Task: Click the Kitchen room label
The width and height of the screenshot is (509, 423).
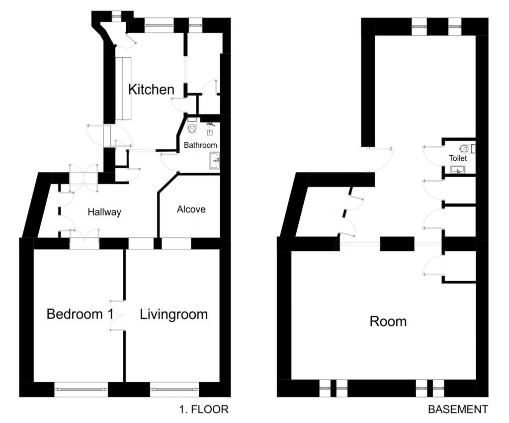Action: point(151,90)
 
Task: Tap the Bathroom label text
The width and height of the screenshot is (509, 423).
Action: point(200,145)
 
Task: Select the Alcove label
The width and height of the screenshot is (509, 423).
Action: point(191,209)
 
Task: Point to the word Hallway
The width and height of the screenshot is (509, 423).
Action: point(104,212)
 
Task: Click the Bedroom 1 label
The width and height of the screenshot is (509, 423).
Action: point(80,314)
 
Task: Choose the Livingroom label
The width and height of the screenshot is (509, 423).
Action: point(173,315)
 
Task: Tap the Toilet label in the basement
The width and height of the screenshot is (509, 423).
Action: point(458,158)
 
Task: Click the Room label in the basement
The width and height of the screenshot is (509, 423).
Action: point(388,321)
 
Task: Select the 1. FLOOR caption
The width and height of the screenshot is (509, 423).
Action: point(204,410)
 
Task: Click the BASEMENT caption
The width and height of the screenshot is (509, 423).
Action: point(458,410)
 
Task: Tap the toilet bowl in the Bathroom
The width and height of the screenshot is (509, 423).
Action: point(192,128)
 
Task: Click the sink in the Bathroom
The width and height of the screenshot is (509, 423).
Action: point(214,161)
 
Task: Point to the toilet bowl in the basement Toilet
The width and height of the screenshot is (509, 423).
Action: point(464,149)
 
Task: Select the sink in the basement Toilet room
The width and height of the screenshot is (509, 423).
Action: point(458,170)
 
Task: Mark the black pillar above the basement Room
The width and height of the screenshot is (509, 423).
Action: point(397,244)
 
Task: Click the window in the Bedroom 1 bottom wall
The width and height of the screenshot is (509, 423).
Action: point(81,389)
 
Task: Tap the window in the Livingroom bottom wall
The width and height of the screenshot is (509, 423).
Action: point(174,389)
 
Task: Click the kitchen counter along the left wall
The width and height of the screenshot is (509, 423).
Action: point(124,89)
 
